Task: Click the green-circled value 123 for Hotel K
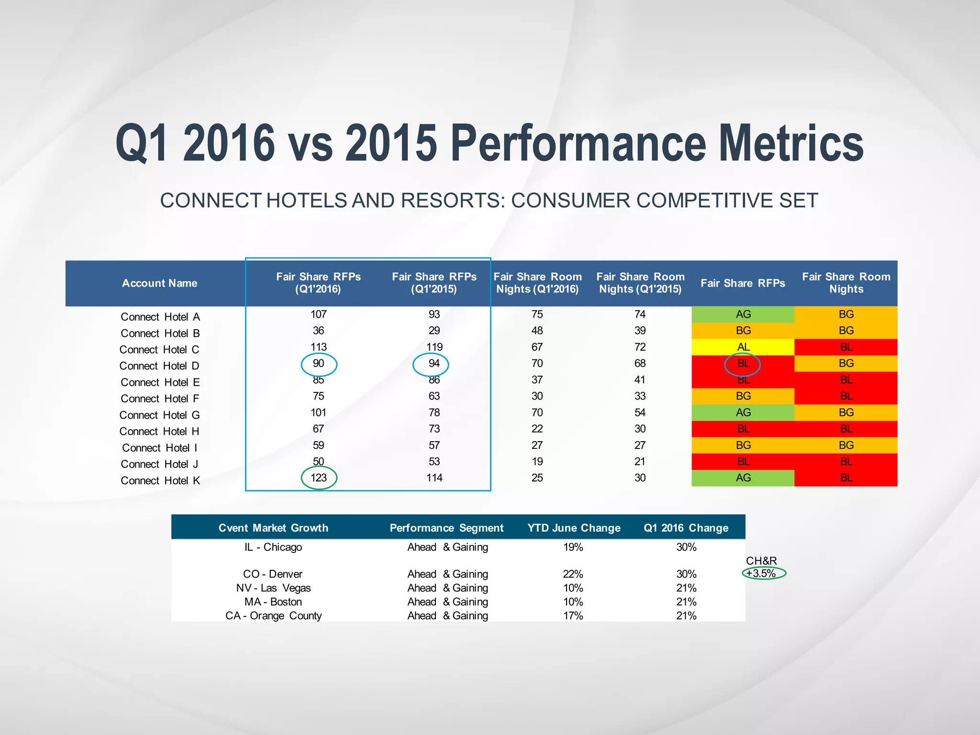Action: coord(319,478)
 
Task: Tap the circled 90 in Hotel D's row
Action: coord(319,364)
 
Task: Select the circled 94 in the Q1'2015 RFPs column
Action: coord(434,364)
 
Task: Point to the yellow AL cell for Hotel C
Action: coord(743,347)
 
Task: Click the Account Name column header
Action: coord(159,283)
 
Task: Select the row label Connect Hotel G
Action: coord(159,415)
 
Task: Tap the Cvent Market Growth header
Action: coord(273,528)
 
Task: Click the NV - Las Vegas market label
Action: coord(273,588)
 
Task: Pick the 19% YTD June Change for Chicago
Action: coord(573,547)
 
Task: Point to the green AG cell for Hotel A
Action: coord(743,314)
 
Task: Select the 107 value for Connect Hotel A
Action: coord(319,314)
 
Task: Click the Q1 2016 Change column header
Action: coord(686,528)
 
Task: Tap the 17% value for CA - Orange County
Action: coord(573,616)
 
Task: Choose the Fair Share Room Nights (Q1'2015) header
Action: coord(640,283)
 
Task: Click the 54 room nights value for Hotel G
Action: coord(640,412)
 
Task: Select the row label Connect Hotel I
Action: coord(159,448)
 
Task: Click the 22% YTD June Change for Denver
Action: coord(573,574)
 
